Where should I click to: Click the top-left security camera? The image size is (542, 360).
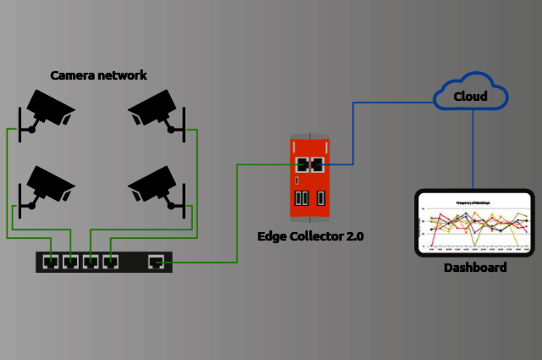[47, 108]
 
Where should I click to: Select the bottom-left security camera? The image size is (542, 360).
[47, 184]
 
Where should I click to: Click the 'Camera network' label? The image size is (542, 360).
[98, 75]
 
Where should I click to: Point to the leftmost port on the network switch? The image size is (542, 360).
[51, 262]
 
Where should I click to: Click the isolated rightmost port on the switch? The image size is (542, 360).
[156, 262]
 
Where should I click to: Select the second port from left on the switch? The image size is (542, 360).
[70, 262]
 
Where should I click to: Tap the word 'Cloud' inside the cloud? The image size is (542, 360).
[470, 97]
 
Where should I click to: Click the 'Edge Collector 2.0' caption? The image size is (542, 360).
[310, 236]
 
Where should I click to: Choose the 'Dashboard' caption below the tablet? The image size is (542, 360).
[475, 268]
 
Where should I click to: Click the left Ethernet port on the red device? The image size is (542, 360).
[301, 163]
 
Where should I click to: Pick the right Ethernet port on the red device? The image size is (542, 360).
[318, 163]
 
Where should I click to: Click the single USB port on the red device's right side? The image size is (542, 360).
[322, 199]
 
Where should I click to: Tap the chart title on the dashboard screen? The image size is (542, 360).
[474, 203]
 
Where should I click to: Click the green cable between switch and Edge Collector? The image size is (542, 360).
[236, 212]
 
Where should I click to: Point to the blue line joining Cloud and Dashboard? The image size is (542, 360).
[473, 148]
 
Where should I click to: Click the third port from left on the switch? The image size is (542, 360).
[90, 262]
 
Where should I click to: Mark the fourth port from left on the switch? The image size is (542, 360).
[109, 262]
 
